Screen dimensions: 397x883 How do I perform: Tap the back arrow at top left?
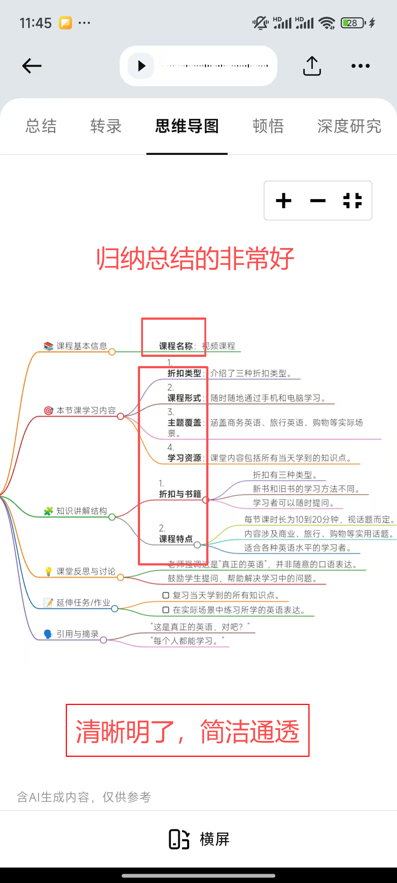click(x=32, y=66)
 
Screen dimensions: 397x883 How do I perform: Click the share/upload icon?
click(x=312, y=66)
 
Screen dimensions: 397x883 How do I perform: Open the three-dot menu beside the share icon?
click(x=360, y=66)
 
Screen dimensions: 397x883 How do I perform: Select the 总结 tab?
click(x=41, y=126)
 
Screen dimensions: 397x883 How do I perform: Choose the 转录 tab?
click(x=106, y=126)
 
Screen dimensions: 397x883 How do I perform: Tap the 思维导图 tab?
click(x=187, y=126)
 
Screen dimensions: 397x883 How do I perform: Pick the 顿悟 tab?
click(x=268, y=126)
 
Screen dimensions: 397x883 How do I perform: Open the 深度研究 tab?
click(x=349, y=126)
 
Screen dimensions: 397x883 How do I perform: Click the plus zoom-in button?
click(x=284, y=201)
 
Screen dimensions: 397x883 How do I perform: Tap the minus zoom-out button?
click(x=318, y=201)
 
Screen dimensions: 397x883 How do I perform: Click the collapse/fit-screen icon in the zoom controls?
click(x=353, y=201)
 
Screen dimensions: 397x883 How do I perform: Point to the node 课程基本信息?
click(x=82, y=346)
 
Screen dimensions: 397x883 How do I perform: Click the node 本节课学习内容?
click(x=86, y=411)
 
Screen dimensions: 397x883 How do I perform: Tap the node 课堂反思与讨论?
click(x=86, y=571)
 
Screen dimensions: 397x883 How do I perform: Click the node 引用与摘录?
click(x=78, y=634)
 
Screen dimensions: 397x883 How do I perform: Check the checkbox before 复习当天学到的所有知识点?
click(x=166, y=595)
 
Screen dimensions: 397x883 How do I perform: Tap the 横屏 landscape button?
click(x=199, y=839)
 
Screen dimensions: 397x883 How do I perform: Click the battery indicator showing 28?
click(x=353, y=23)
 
